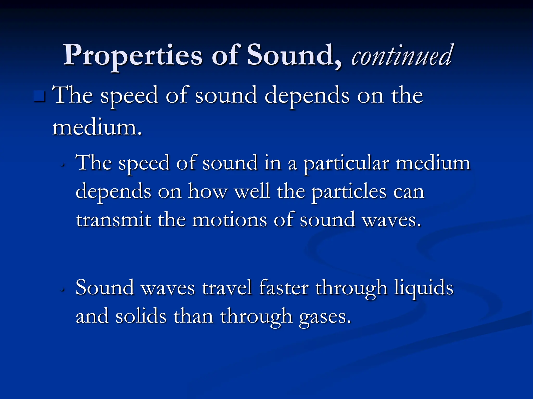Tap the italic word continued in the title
[x=401, y=56]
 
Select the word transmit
[x=113, y=220]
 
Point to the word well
[x=252, y=191]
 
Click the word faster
[x=284, y=288]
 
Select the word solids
[x=141, y=316]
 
